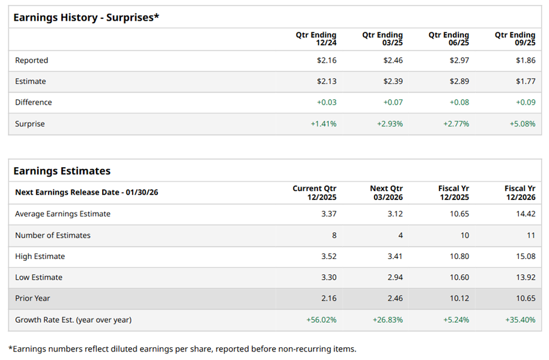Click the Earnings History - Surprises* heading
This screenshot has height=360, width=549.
point(86,18)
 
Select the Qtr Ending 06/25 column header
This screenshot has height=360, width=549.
point(449,39)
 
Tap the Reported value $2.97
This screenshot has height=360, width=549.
point(459,60)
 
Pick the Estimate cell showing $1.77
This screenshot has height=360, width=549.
point(525,81)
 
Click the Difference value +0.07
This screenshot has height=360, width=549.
point(393,102)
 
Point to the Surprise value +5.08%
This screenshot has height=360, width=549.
point(522,123)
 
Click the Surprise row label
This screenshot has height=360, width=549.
point(30,123)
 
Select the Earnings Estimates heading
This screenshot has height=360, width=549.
point(62,171)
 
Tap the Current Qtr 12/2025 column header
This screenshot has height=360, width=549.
point(314,193)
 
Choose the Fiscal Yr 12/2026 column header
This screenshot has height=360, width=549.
point(520,193)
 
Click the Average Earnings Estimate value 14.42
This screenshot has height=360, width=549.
point(525,214)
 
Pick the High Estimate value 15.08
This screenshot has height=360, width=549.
point(525,257)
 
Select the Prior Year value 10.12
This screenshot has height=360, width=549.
point(459,299)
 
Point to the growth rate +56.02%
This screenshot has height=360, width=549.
point(321,320)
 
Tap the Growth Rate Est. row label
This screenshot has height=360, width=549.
point(73,320)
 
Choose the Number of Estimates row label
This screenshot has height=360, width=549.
point(53,235)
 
